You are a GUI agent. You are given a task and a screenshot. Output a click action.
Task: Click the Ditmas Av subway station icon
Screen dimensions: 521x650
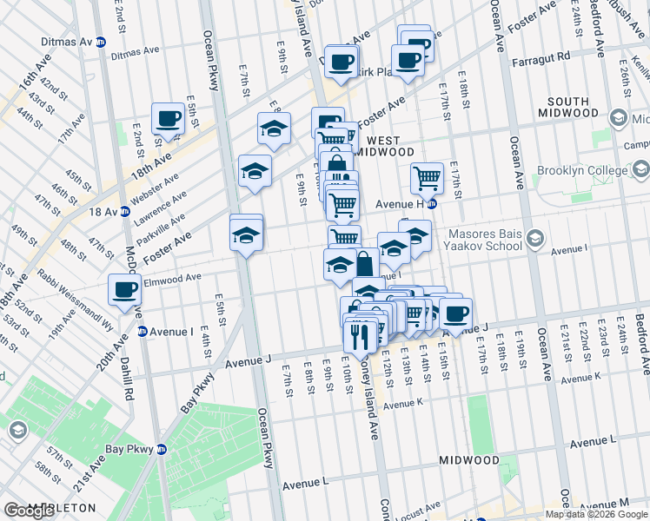(x=100, y=41)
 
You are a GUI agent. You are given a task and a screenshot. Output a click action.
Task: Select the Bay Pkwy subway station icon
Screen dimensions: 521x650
(x=161, y=449)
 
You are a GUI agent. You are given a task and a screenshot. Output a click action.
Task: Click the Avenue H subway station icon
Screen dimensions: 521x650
(x=432, y=205)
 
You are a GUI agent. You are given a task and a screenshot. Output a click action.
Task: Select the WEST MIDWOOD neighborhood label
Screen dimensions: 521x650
(x=383, y=146)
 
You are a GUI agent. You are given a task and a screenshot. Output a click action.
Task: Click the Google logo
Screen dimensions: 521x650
(x=29, y=511)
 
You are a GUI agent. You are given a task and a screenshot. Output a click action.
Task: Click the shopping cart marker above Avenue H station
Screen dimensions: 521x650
(x=426, y=178)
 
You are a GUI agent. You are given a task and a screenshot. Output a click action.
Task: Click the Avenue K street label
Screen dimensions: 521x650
(x=402, y=404)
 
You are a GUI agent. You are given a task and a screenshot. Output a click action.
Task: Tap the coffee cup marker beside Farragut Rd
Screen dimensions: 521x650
(x=407, y=60)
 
